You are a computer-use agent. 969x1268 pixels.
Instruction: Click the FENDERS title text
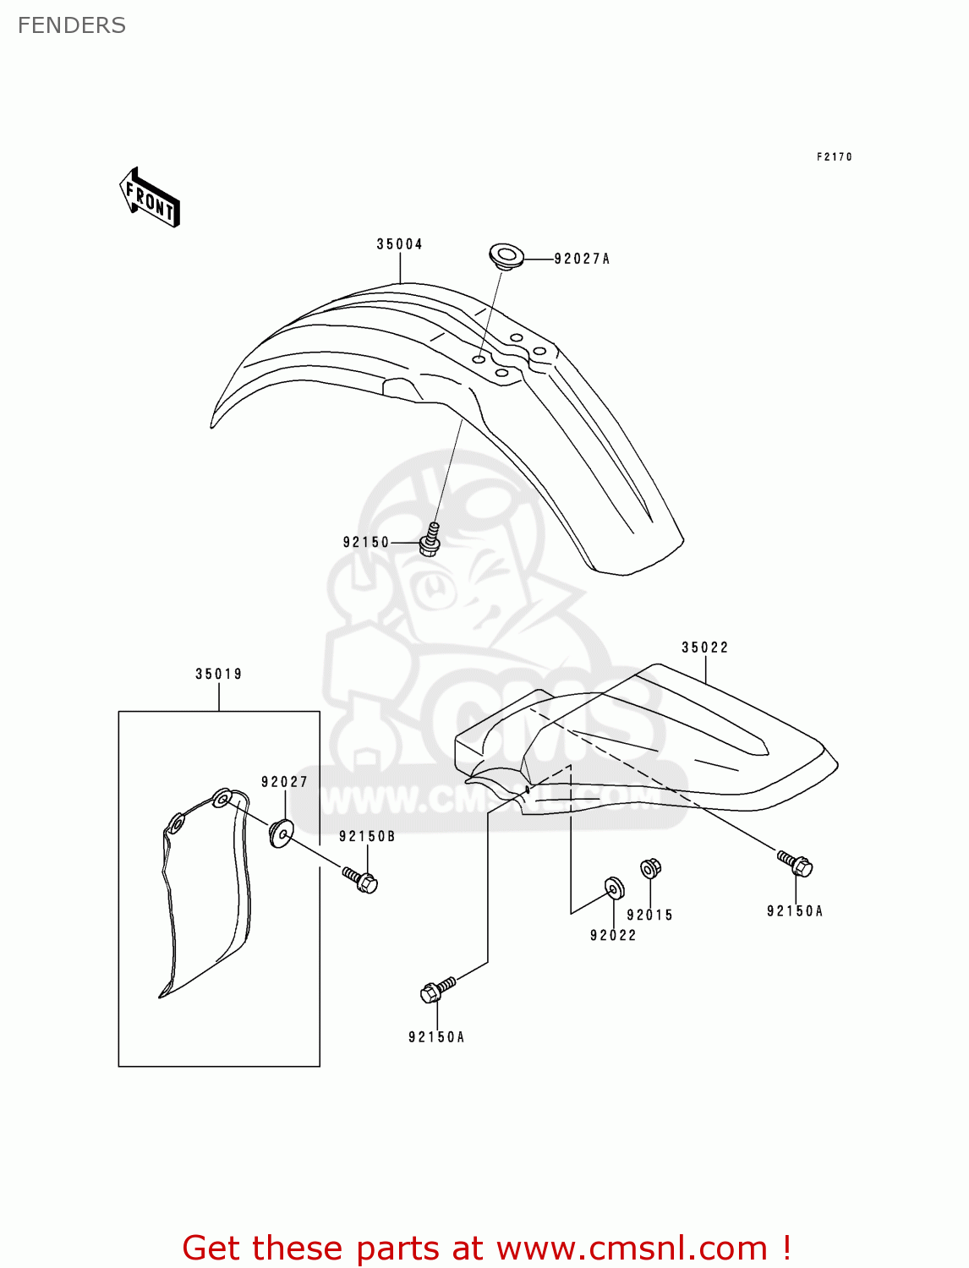click(72, 25)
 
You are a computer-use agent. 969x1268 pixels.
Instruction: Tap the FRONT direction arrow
click(150, 199)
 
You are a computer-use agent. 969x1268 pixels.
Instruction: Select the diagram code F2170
click(834, 156)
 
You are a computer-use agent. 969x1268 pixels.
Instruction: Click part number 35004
click(399, 244)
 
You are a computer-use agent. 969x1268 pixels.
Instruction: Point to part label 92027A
click(582, 259)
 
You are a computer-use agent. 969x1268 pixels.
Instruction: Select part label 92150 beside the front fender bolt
click(366, 542)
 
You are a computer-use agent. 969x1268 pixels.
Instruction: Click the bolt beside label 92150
click(430, 540)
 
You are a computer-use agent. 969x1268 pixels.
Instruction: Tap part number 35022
click(704, 648)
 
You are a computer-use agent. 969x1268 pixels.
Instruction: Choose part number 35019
click(219, 674)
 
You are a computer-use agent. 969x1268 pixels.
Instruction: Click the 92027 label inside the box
click(284, 782)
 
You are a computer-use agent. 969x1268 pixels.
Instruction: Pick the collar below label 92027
click(281, 833)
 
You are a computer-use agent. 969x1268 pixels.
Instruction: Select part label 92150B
click(367, 836)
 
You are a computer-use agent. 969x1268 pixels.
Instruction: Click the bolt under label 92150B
click(361, 880)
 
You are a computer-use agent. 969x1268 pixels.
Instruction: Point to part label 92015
click(649, 915)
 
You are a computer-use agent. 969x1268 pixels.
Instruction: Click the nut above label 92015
click(650, 868)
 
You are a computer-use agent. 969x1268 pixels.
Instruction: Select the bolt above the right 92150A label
click(795, 864)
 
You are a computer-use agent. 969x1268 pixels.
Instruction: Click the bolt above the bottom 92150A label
click(436, 990)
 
